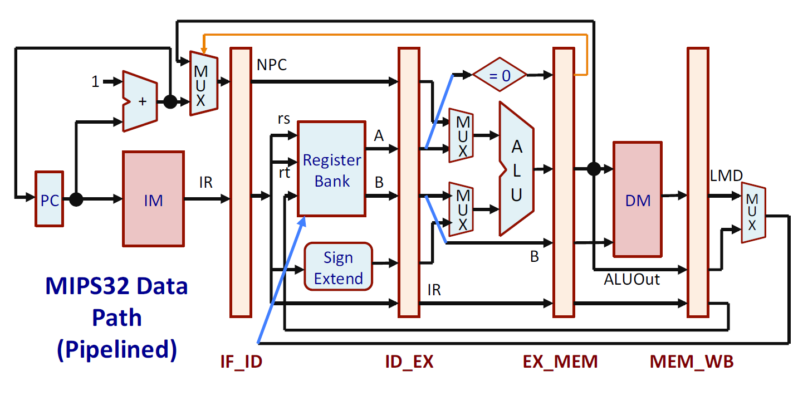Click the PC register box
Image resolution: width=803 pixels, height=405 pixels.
50,199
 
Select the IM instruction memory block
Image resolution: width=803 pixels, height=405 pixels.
153,199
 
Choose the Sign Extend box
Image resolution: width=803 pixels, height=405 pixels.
338,267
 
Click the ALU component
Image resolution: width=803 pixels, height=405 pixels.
517,168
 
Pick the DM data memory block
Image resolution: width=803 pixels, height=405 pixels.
638,199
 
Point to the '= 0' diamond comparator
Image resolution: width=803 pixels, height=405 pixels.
500,74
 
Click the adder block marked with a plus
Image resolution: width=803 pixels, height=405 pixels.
140,101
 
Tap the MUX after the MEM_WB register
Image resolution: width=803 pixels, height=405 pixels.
753,212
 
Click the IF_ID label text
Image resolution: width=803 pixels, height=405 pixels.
241,362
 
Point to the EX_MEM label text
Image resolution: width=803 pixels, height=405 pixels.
560,362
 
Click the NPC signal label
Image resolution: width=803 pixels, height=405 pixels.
272,65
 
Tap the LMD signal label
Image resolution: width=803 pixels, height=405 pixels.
726,176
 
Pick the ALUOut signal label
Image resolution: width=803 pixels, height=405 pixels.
631,280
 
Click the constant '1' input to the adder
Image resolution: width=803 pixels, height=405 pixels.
95,82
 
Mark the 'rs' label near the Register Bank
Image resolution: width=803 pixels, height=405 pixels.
283,120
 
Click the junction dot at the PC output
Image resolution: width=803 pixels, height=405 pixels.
76,199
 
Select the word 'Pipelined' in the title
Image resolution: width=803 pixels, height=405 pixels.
116,349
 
